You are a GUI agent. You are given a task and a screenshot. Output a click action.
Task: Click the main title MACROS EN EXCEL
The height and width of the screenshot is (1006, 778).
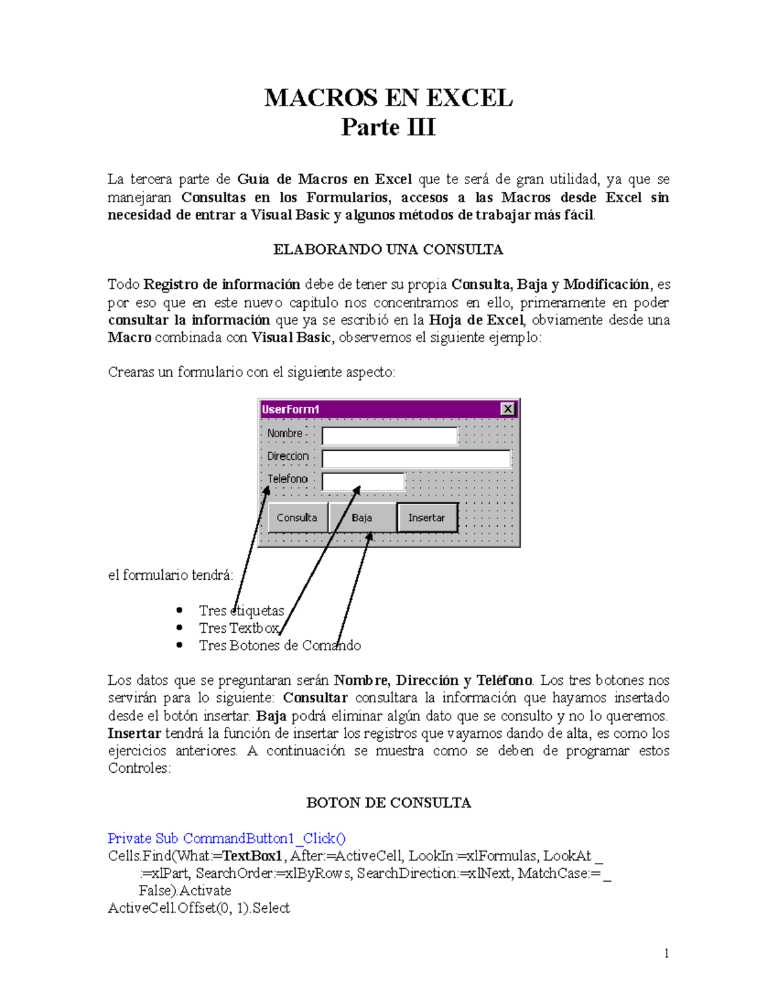click(x=388, y=98)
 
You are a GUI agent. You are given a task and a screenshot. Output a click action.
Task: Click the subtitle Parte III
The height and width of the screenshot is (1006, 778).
click(x=388, y=127)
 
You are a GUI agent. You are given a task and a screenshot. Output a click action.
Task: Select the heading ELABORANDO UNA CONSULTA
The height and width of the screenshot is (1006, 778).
click(x=388, y=249)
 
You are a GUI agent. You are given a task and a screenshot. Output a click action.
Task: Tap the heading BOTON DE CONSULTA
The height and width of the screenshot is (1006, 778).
click(x=388, y=803)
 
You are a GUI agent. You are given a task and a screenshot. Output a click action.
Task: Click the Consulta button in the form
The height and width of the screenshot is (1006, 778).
click(x=297, y=518)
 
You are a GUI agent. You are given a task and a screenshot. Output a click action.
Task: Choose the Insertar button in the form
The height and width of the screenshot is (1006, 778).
click(x=427, y=518)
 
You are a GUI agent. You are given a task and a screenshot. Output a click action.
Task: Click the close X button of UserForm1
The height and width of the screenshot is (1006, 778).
click(x=508, y=409)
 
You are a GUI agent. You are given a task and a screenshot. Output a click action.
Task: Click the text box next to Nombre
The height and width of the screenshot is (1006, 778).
click(x=390, y=436)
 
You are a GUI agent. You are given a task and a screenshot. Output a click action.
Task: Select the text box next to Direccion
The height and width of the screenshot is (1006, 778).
click(x=416, y=459)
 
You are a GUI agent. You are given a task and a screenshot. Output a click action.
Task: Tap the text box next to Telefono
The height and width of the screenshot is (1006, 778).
click(x=363, y=481)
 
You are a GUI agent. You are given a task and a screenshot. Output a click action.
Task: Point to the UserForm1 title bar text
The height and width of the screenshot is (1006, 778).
click(x=290, y=409)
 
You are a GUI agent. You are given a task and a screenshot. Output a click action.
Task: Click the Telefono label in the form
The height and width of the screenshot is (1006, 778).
click(x=288, y=479)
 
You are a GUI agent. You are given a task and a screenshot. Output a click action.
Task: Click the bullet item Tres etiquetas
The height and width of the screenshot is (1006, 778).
click(x=241, y=611)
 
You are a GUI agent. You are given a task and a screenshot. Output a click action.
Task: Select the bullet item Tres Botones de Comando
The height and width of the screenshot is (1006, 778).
click(x=279, y=645)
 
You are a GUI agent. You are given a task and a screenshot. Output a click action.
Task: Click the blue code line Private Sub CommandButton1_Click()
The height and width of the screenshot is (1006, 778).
click(x=226, y=838)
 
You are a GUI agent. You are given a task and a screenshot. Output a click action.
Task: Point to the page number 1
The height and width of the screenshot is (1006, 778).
click(x=666, y=953)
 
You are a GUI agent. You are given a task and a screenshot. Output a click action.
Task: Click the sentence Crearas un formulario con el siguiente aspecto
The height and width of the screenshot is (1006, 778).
click(x=251, y=372)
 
